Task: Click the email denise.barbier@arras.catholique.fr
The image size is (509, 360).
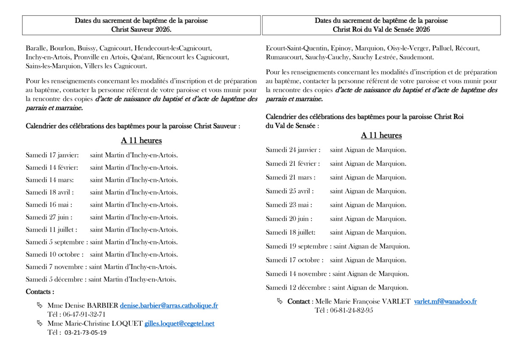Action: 169,306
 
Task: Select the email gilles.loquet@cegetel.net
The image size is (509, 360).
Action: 179,323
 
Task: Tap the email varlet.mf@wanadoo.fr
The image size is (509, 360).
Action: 445,301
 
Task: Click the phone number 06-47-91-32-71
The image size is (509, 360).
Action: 84,315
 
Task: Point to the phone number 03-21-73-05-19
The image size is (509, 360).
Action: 86,333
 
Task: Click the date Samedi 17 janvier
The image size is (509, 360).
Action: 52,155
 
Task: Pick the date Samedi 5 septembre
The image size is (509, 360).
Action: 57,242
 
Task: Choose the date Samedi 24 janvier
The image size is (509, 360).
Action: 293,150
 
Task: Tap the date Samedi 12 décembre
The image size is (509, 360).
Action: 297,287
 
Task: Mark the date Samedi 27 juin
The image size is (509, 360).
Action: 49,217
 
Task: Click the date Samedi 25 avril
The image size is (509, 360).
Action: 290,191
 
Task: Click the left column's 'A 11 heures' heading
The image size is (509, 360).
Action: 141,141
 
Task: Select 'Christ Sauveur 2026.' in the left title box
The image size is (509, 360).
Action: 141,30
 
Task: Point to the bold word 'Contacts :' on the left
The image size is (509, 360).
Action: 40,292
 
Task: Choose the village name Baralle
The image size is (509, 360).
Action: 36,48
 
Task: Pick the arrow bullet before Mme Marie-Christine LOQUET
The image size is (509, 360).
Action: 40,323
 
